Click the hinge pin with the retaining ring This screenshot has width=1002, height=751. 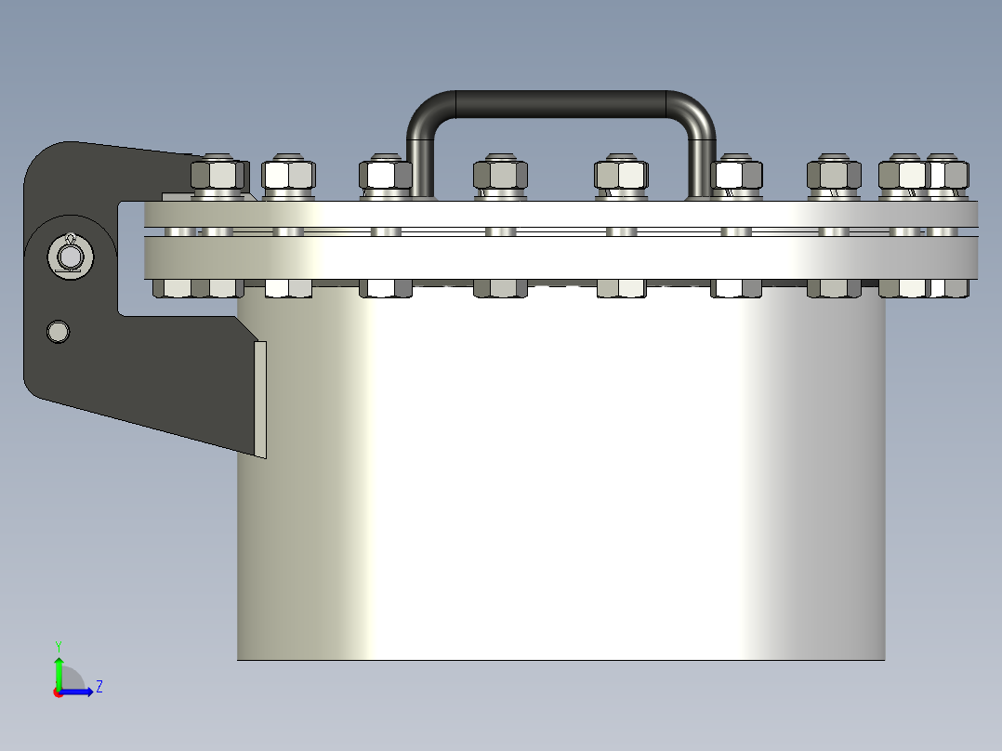coord(71,257)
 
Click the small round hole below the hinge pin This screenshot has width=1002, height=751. coord(59,332)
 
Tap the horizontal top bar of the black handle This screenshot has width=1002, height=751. coord(560,104)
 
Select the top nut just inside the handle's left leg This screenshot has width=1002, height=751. coord(500,173)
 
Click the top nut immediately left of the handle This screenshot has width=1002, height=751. coord(386,173)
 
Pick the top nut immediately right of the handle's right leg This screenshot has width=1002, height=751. coord(737,173)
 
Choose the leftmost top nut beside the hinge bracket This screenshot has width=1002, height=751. coord(218,173)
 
